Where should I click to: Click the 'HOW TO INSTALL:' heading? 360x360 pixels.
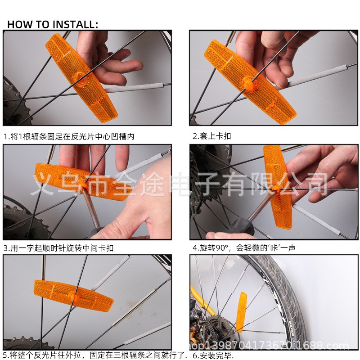pos(53,24)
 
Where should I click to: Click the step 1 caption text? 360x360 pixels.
pos(69,137)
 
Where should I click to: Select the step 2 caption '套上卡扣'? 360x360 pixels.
pos(211,136)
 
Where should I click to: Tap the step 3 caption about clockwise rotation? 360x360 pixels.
pos(58,248)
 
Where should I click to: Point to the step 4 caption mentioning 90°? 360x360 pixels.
pos(244,248)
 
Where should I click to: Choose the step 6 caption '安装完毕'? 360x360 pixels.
pos(213,355)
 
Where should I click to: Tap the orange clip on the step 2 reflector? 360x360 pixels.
pos(247,83)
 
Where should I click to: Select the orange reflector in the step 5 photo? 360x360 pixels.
pos(73,296)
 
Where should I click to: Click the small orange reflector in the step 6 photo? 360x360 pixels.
pos(242,312)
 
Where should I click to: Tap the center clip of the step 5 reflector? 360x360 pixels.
pos(73,296)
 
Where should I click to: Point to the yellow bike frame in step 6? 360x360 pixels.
pos(202,301)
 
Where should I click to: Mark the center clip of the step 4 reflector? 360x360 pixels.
pos(275,188)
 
